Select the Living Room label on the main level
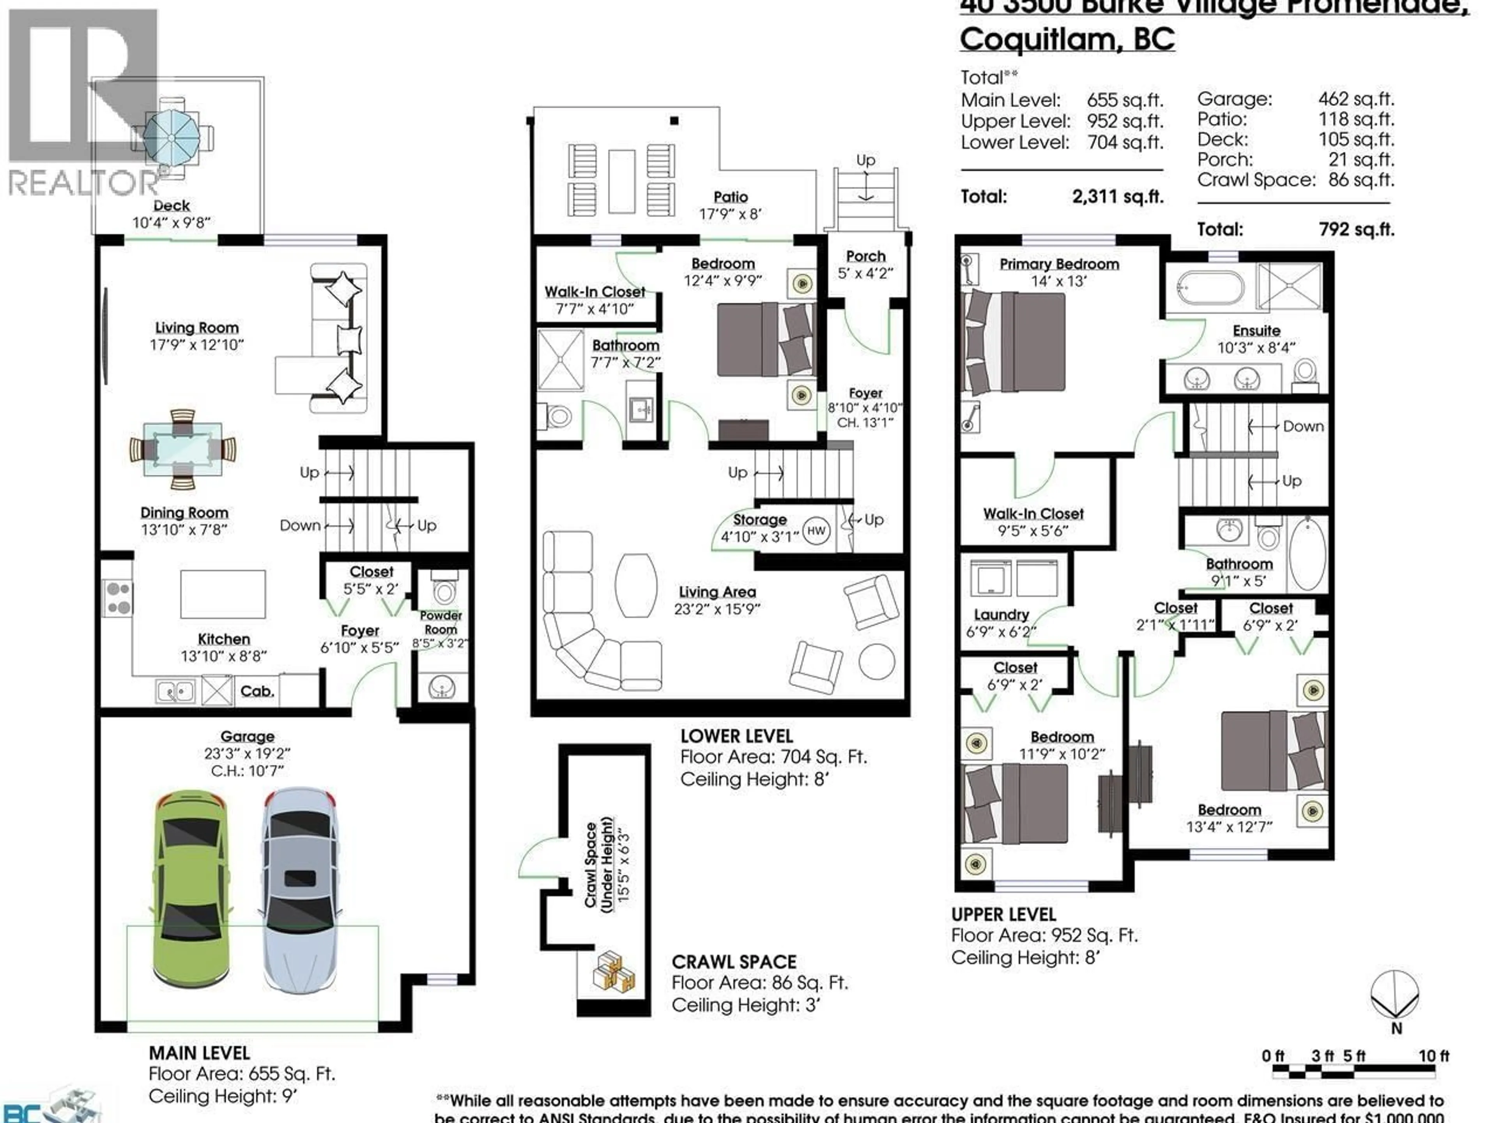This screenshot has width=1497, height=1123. [x=196, y=328]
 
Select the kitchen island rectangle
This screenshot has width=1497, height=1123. [x=223, y=593]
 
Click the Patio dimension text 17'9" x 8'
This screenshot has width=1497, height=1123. [x=730, y=214]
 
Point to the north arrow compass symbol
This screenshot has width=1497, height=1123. [x=1395, y=996]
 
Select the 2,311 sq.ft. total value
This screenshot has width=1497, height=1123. [x=1117, y=197]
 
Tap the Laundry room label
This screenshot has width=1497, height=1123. [x=1001, y=615]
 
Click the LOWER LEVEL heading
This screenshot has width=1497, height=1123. [x=736, y=736]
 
